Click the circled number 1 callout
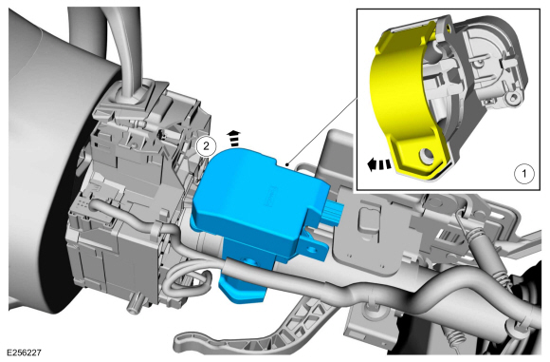[x=520, y=174]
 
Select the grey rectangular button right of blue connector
[x=365, y=221]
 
